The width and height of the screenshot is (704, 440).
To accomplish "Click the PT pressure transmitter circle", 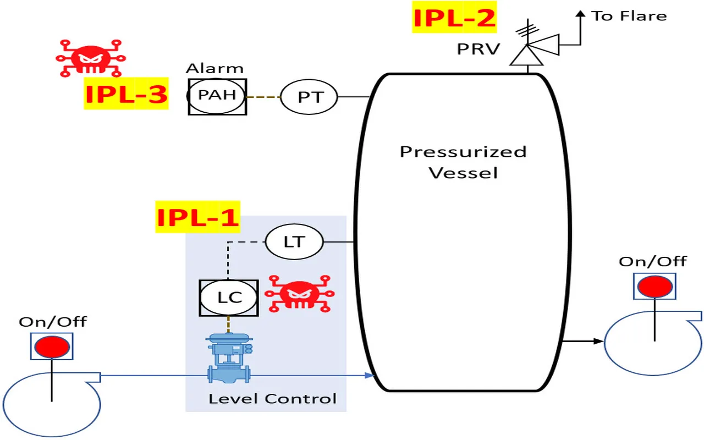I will click(309, 97).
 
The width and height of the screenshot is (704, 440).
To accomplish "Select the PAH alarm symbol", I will click(217, 96).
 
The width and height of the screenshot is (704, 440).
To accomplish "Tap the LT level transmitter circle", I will click(294, 242).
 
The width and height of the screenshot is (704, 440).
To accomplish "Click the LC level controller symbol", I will click(229, 298).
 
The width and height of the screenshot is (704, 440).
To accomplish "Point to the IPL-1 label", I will click(198, 217).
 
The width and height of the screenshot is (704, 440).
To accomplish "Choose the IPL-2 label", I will click(454, 18).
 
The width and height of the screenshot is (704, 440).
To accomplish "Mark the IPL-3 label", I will click(126, 95).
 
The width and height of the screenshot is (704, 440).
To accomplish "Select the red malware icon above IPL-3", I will click(91, 57).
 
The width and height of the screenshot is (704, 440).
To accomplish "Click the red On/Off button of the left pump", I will click(52, 347).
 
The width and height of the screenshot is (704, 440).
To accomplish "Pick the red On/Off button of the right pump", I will click(654, 287).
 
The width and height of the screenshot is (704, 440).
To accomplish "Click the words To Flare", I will click(629, 16).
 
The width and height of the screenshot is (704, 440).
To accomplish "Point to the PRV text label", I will click(479, 49).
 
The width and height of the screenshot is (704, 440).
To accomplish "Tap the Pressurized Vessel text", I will click(463, 162).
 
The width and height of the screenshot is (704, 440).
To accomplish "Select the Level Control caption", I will click(272, 398).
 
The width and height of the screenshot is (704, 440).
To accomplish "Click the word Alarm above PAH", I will click(215, 69).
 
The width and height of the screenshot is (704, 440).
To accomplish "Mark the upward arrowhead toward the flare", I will click(579, 14).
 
